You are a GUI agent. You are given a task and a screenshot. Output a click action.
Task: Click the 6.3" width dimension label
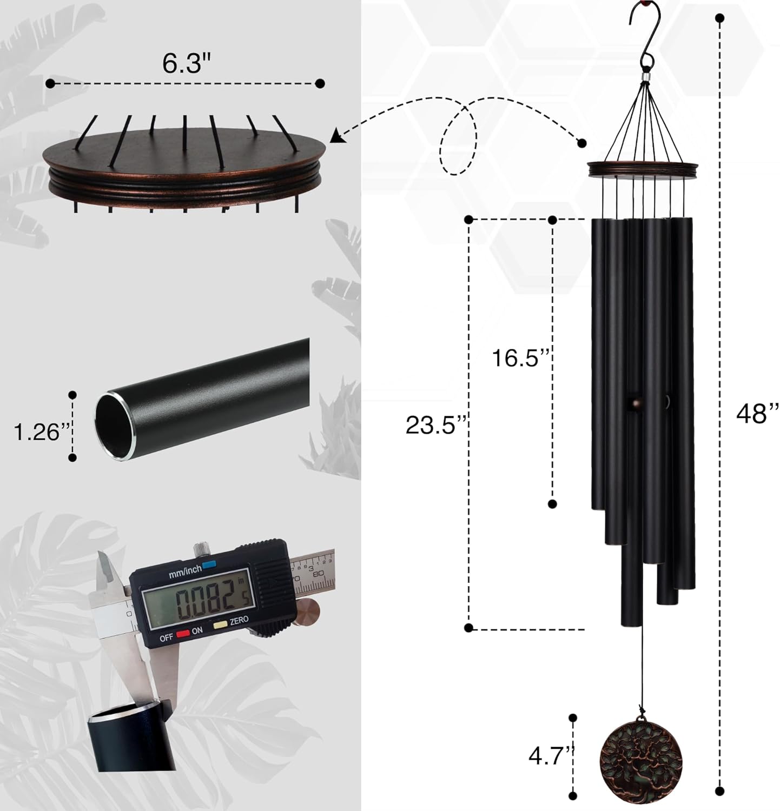point(186,63)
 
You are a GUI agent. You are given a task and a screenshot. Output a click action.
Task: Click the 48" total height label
point(757,414)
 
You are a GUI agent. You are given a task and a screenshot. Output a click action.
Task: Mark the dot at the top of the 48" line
point(719,18)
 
